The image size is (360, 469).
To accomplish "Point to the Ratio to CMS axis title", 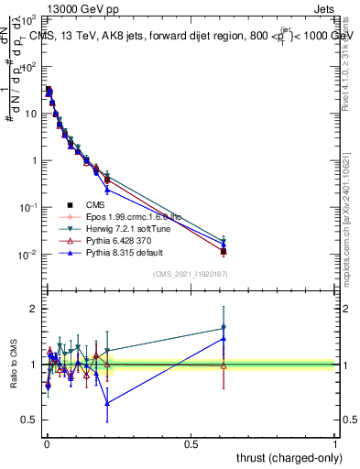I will coord(14,364).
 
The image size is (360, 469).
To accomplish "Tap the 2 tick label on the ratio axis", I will coord(32,309).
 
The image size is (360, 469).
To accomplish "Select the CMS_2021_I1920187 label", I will coord(190,274).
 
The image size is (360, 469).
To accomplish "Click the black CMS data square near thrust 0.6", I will coord(224,251).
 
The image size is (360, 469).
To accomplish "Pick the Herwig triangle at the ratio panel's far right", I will coord(224,328).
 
